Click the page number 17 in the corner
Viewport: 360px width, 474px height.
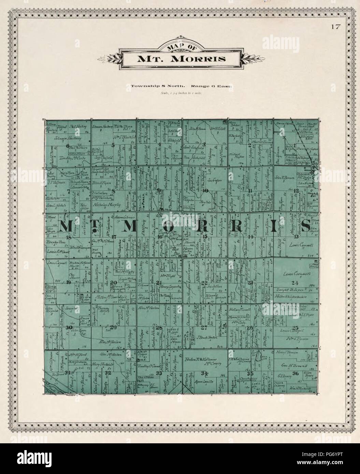(335, 28)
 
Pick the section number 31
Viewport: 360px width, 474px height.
(68, 372)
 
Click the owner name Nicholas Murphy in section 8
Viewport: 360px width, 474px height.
(106, 206)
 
